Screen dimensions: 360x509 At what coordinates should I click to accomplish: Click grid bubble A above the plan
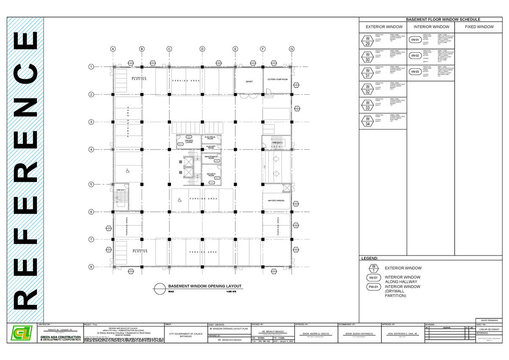tap(113, 49)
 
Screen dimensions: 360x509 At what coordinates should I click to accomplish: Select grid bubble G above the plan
tap(291, 49)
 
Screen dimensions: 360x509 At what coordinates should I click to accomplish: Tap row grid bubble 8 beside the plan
tap(90, 267)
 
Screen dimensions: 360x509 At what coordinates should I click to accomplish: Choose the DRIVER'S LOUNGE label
tap(189, 141)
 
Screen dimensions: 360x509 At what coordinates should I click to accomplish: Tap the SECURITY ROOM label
tap(211, 175)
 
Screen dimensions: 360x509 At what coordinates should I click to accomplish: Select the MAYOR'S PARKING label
tap(276, 201)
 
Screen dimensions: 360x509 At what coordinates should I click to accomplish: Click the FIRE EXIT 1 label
tap(121, 190)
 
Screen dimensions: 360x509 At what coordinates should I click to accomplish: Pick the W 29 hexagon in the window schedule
tap(367, 41)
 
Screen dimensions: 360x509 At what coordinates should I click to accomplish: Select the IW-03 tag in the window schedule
tap(415, 72)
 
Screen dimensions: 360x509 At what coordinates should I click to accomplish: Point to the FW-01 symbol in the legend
tap(373, 287)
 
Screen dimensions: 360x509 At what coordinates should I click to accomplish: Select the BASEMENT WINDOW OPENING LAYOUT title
tap(205, 287)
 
